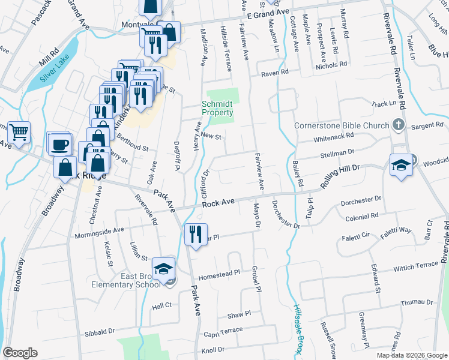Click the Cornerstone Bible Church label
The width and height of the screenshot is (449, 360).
[342, 126]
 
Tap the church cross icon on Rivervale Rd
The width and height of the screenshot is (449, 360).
[397, 125]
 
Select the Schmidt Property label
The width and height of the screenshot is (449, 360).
[217, 108]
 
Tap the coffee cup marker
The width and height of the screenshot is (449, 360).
[60, 145]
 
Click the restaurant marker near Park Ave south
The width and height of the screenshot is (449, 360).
[194, 234]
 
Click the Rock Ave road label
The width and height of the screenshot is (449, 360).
[217, 204]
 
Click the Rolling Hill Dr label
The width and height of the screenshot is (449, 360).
[339, 177]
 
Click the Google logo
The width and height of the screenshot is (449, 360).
[20, 353]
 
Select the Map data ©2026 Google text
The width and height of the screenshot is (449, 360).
[411, 355]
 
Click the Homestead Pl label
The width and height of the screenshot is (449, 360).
[219, 273]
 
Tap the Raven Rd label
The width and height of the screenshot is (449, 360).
[274, 72]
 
